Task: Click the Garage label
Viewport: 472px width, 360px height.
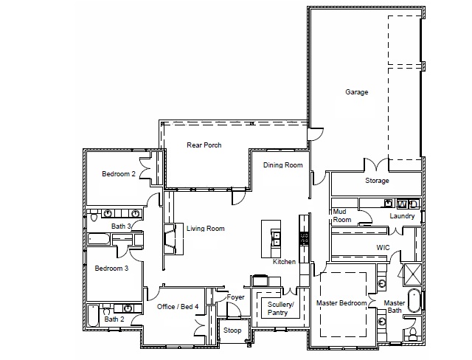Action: point(356,92)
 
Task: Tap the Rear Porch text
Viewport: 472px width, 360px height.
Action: point(204,145)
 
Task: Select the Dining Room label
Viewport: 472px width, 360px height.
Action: point(283,165)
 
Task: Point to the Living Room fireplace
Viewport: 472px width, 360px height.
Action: point(170,239)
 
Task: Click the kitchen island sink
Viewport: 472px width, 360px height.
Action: point(277,237)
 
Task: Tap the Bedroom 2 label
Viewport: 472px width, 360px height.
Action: point(118,174)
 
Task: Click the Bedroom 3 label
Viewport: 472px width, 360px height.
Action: point(111,269)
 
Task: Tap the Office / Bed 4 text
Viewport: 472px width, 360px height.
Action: point(178,306)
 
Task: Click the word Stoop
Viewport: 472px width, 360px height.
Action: point(232,330)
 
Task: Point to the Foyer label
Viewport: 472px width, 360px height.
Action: point(235,297)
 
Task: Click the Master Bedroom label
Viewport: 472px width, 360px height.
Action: point(341,303)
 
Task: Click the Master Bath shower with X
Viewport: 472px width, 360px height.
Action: point(411,275)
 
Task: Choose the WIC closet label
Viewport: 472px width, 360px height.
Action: point(382,247)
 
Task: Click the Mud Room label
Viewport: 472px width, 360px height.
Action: point(341,215)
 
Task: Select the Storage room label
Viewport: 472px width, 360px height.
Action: point(377,181)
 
